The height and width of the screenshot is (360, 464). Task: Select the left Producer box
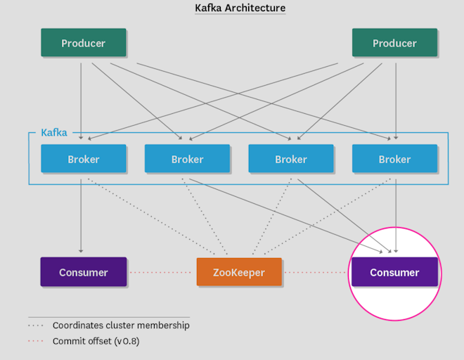point(83,43)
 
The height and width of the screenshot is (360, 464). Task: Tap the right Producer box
point(394,43)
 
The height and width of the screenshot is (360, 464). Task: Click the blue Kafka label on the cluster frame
point(54,132)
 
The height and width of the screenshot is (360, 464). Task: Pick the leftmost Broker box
point(83,159)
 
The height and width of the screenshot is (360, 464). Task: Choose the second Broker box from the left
point(187,159)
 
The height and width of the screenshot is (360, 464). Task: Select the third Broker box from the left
point(290,159)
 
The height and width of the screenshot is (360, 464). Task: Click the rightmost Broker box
point(394,159)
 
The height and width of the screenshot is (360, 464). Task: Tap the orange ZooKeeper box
point(239,272)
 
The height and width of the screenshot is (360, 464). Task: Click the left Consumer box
point(83,272)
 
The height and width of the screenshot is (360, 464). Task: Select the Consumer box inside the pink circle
point(394,272)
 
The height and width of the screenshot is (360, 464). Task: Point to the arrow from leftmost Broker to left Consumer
point(81,214)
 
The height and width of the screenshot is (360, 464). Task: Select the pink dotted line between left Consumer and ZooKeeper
point(162,272)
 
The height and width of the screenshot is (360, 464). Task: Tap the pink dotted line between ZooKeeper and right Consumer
point(316,272)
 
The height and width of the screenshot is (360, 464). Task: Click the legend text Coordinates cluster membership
point(121,326)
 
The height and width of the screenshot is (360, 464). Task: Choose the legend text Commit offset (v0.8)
point(98,341)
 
